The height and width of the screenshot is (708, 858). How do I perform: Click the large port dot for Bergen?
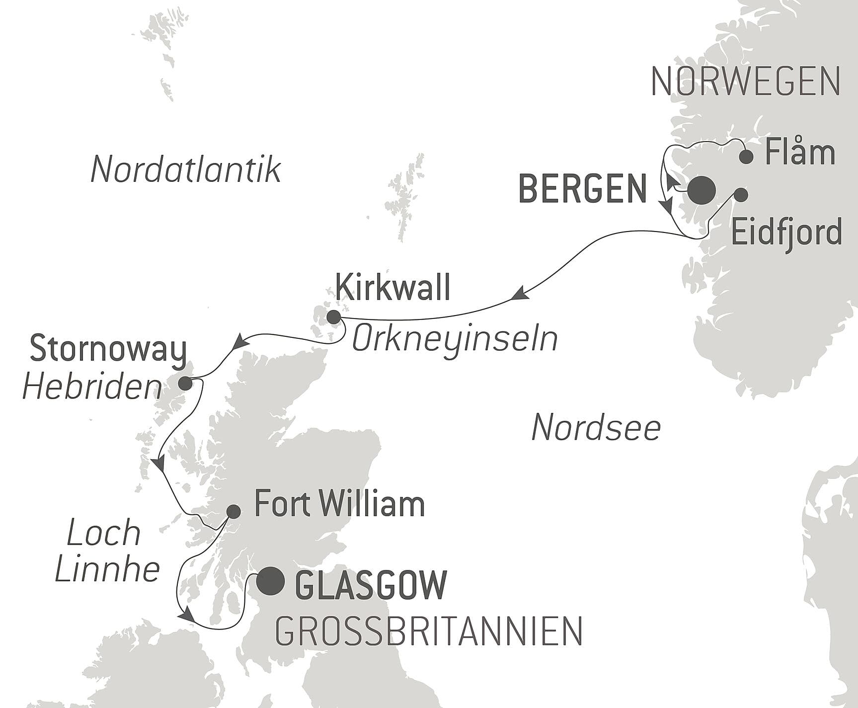coord(702,190)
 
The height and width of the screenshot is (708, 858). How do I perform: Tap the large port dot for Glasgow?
coord(270,581)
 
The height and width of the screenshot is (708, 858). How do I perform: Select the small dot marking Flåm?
coord(746,157)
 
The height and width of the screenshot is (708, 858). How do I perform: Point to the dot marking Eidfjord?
coord(740,195)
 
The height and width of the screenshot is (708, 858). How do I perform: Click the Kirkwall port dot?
coord(332,317)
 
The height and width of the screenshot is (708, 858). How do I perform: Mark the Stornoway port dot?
coord(185,383)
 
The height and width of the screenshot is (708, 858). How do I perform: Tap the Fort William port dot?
coord(234,511)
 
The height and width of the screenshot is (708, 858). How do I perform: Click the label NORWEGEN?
coord(745,81)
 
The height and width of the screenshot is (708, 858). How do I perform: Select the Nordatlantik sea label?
coord(186,169)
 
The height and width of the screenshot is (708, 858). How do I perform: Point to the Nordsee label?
coord(596,428)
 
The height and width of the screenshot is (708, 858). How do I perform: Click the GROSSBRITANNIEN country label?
coord(428,631)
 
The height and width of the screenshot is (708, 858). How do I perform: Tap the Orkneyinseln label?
coord(455,340)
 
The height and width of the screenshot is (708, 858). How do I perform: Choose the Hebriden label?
coord(92,388)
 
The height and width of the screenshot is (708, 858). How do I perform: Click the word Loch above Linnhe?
coord(104,533)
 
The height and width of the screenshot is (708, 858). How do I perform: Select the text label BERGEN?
coord(582,189)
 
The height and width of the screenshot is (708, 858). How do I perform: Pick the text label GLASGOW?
coord(371,584)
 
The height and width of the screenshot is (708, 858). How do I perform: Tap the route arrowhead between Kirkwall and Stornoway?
coord(241,342)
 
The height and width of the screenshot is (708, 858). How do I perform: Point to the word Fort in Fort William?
coord(281,504)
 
